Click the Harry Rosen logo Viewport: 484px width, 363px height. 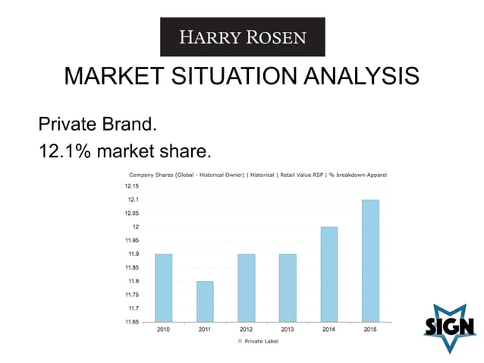tap(242, 36)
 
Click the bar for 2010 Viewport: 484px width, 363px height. tap(163, 288)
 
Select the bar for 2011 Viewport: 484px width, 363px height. tap(205, 301)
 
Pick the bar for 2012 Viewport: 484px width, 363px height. tap(246, 288)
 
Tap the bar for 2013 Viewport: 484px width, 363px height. tap(288, 288)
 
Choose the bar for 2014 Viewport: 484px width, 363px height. tap(328, 274)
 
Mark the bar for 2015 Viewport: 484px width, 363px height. tap(370, 260)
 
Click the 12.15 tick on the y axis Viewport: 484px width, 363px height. tap(132, 186)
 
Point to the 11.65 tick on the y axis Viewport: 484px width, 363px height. tap(132, 322)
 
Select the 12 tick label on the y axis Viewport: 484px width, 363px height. tap(135, 227)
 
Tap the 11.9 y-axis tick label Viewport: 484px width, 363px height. tap(134, 254)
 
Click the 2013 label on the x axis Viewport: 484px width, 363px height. tap(288, 330)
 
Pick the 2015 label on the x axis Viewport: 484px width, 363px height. tap(370, 330)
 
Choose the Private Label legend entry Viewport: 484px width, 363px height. tap(259, 342)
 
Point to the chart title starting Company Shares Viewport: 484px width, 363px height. tap(258, 175)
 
